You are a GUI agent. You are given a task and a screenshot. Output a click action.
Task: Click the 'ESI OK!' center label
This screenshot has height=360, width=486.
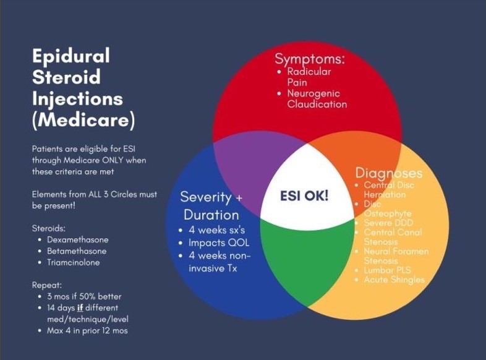pos(305,195)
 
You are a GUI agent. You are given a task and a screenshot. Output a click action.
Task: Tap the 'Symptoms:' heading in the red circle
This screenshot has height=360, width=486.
pos(310,59)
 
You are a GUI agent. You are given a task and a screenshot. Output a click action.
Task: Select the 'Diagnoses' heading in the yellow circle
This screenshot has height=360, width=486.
pos(389,173)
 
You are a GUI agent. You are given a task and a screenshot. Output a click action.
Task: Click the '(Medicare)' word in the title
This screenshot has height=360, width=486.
pos(83,119)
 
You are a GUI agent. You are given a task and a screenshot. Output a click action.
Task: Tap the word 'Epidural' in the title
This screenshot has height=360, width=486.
pos(70,56)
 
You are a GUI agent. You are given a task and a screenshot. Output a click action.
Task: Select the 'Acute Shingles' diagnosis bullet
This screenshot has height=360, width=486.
pos(394,280)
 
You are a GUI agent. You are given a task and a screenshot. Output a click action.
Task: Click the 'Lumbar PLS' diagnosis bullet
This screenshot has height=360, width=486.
pos(387,270)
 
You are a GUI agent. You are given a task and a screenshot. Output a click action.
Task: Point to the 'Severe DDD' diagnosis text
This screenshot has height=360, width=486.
pos(388,223)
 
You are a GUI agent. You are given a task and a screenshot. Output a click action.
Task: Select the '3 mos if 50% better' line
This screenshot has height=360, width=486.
pos(85,297)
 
